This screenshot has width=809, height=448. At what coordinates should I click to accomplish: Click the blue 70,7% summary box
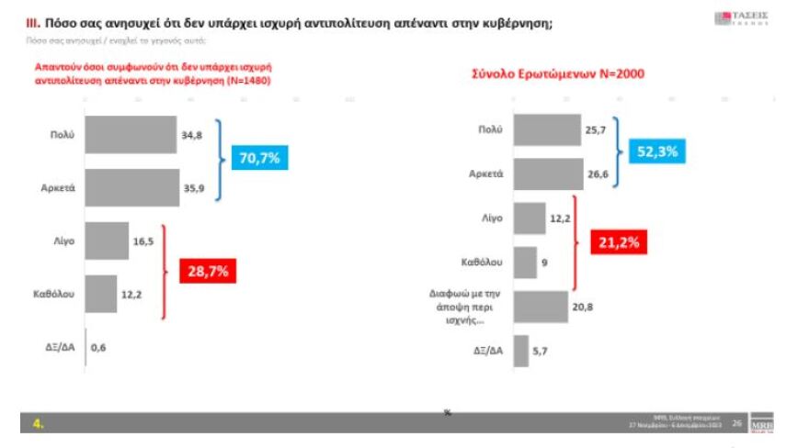(x=258, y=157)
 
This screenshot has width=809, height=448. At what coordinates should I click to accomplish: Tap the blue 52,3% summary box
(x=656, y=152)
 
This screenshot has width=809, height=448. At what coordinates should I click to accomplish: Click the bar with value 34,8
(x=130, y=135)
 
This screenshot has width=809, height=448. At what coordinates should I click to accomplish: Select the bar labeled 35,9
(x=131, y=187)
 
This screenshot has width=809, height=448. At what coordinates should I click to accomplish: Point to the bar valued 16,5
(x=107, y=241)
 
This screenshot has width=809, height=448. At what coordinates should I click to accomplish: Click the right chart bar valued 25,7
(x=547, y=130)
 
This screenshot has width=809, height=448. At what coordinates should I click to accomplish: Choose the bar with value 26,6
(x=548, y=174)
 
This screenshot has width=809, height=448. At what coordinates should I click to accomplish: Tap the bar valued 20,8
(x=541, y=306)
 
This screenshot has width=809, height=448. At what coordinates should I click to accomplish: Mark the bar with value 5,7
(x=520, y=351)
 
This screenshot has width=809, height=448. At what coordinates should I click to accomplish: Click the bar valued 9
(x=525, y=263)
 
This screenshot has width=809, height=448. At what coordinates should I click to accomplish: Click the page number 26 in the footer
(x=737, y=423)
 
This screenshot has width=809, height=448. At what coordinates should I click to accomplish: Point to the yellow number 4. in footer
(x=39, y=423)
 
